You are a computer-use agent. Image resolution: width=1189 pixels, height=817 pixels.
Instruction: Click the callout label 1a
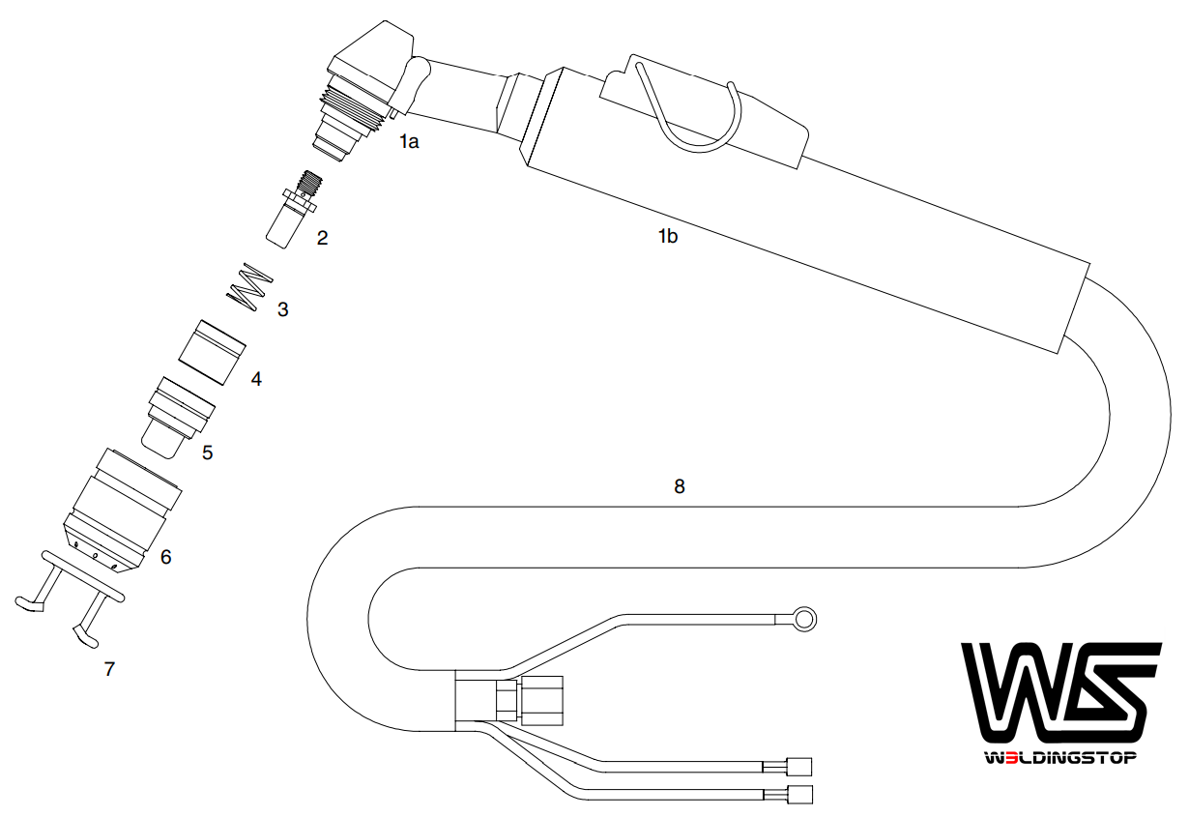409,142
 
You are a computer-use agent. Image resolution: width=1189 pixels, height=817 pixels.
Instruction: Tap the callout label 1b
668,236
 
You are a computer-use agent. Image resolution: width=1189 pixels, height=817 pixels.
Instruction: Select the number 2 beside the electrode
322,238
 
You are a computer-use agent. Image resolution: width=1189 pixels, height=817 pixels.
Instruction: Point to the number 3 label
283,309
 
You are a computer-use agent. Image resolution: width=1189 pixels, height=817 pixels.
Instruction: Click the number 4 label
256,379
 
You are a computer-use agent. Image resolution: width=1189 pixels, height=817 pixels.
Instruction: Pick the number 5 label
208,452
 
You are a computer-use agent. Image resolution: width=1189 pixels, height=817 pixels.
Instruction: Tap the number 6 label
165,557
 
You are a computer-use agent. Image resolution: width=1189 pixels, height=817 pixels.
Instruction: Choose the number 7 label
109,669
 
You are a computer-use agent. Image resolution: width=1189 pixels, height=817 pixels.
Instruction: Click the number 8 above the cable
680,486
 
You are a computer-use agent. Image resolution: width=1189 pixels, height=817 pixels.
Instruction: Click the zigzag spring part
249,285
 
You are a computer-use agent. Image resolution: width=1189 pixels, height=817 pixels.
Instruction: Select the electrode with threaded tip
293,209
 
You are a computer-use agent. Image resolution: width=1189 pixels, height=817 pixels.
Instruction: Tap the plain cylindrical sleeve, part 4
212,353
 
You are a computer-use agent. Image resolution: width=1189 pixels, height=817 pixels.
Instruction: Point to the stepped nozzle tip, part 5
178,418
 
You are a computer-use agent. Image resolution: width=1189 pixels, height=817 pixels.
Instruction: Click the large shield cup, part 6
123,511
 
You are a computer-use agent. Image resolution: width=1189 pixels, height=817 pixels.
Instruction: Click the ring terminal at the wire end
804,619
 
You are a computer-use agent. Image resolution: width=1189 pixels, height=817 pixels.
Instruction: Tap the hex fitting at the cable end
542,701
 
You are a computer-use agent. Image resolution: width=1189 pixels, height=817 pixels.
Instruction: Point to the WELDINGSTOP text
1060,758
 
